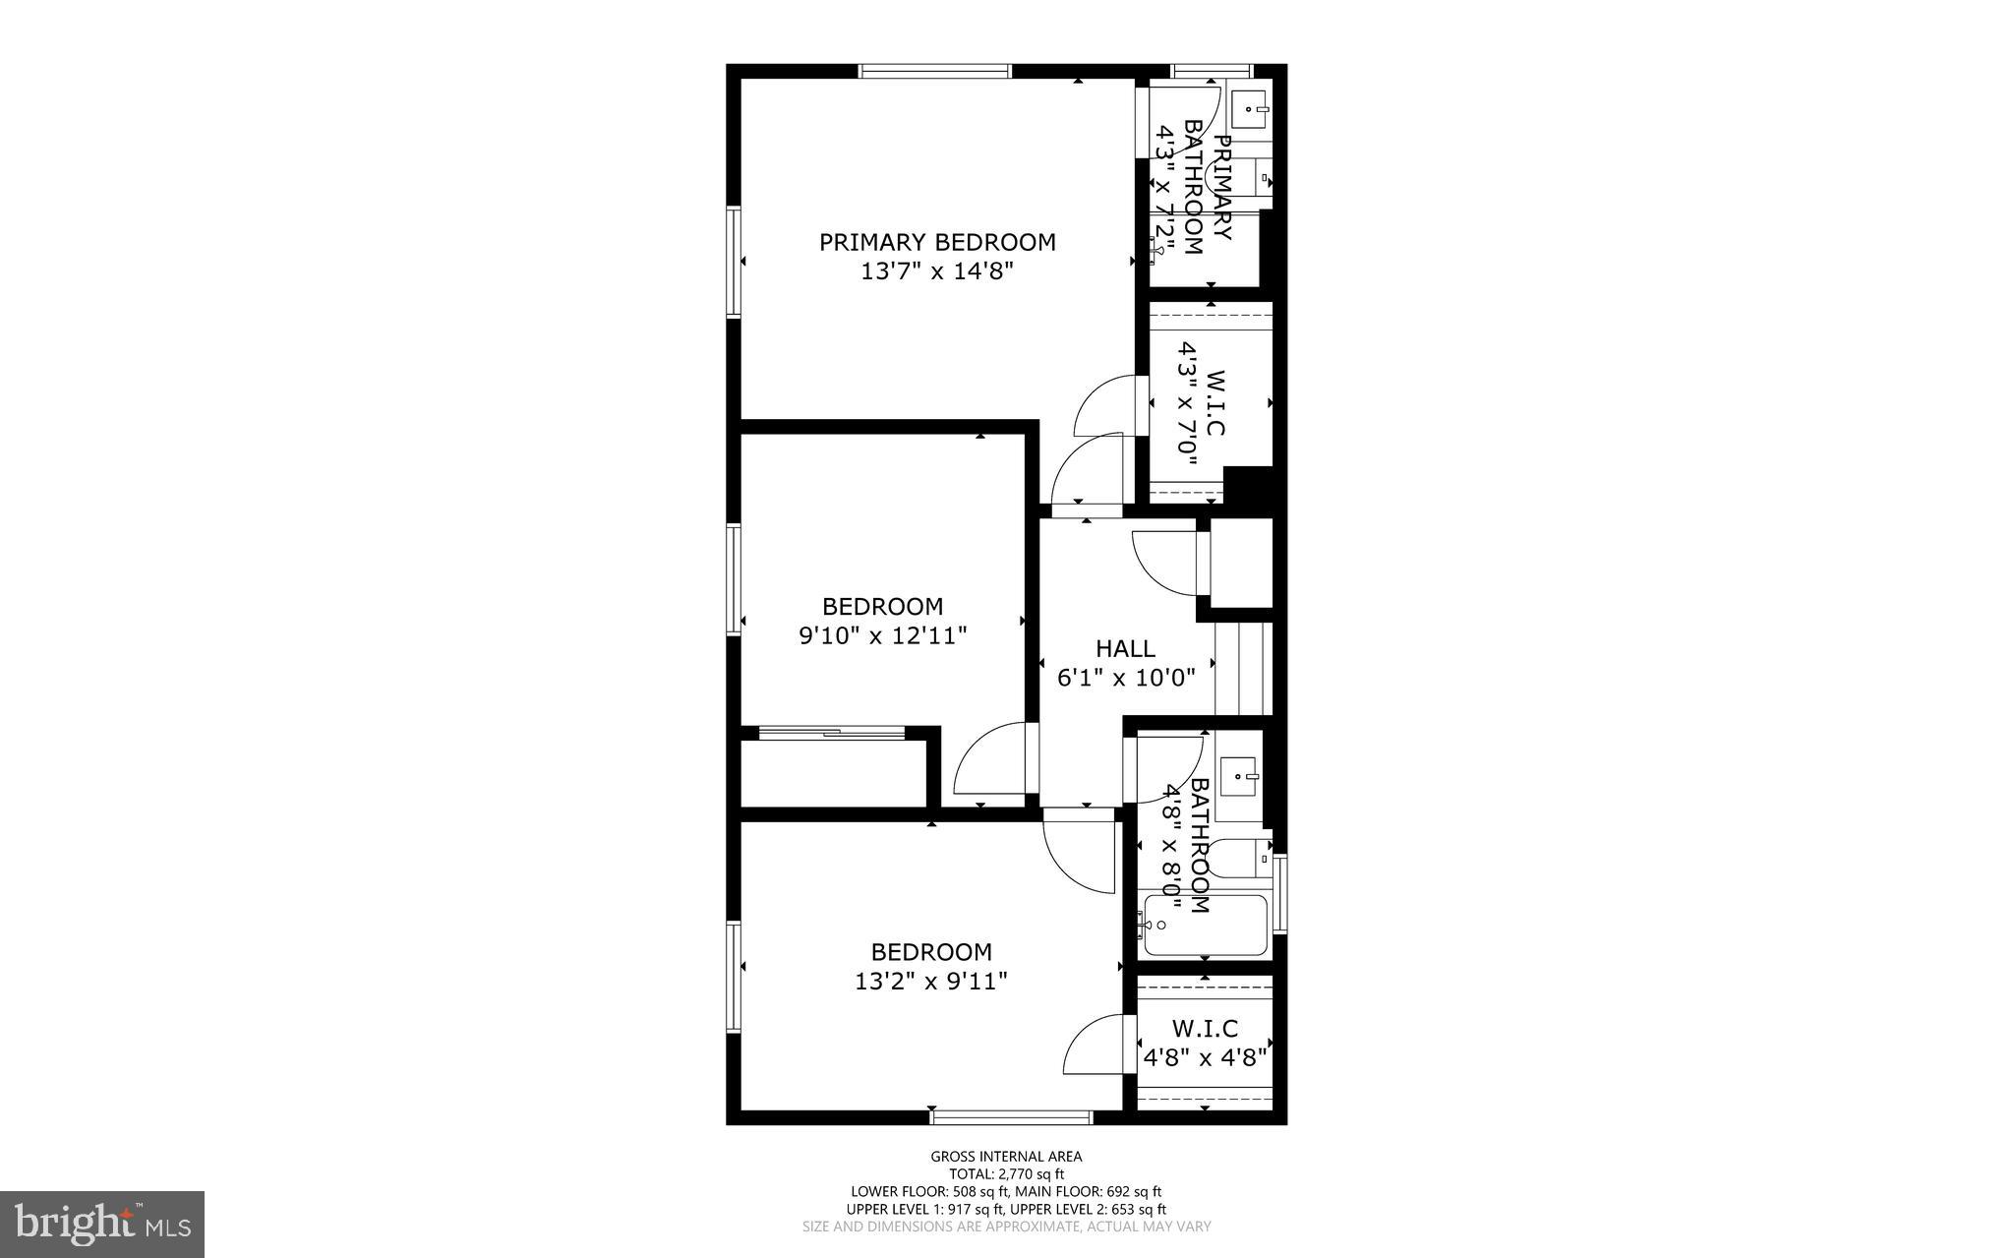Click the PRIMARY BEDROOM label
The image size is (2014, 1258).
(937, 242)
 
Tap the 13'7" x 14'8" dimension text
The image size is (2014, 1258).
(937, 271)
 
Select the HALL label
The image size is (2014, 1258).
(1125, 648)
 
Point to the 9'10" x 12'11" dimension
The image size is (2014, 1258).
(882, 636)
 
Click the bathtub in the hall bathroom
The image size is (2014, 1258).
(1206, 925)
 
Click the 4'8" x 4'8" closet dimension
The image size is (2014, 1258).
(1205, 1058)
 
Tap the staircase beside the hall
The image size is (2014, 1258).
(1244, 668)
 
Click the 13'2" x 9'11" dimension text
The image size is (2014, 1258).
(931, 981)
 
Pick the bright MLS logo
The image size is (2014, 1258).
(102, 1223)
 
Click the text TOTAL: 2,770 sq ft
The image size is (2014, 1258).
(1006, 1173)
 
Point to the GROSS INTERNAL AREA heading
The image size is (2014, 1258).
(1006, 1157)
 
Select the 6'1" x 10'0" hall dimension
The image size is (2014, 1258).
(1125, 678)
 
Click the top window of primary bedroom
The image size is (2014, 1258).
(935, 71)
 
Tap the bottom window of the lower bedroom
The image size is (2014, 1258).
(1011, 1117)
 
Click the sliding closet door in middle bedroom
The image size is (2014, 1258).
(832, 732)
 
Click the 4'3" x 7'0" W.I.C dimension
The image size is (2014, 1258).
(1188, 403)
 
